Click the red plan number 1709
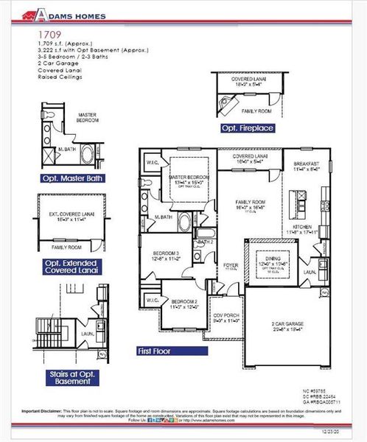pos(46,34)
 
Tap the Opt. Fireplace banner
pos(248,128)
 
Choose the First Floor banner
pos(154,351)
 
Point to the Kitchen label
pos(303,226)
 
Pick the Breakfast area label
pos(306,164)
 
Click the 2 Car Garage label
pos(287,323)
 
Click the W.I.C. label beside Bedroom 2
pos(152,300)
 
